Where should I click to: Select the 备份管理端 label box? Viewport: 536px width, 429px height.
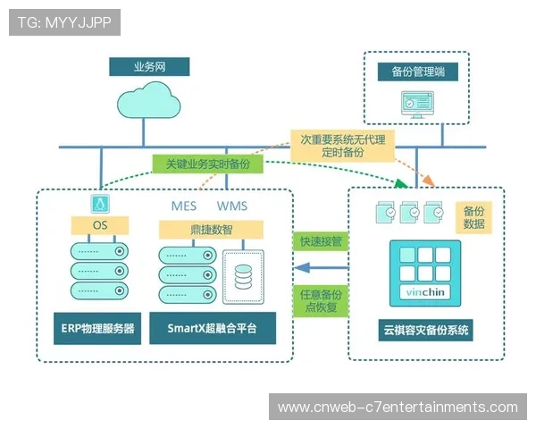pyautogui.click(x=418, y=71)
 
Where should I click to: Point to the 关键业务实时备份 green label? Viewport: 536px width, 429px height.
pyautogui.click(x=207, y=165)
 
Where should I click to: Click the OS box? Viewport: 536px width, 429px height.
pyautogui.click(x=99, y=225)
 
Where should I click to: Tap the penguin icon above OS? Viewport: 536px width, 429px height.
pyautogui.click(x=99, y=203)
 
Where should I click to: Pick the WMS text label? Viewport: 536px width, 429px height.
pyautogui.click(x=232, y=206)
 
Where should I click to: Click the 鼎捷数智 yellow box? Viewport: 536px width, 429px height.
pyautogui.click(x=212, y=230)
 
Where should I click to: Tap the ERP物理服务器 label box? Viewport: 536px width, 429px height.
pyautogui.click(x=98, y=329)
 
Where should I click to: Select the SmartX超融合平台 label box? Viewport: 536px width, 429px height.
pyautogui.click(x=212, y=329)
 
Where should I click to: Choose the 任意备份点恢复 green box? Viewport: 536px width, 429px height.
pyautogui.click(x=318, y=300)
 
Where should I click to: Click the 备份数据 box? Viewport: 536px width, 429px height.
pyautogui.click(x=474, y=217)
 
